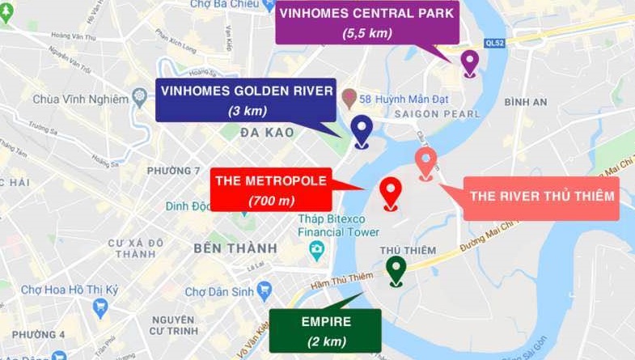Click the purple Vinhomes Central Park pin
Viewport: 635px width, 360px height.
pos(469,61)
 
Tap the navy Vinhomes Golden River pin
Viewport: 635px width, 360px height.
pos(361,129)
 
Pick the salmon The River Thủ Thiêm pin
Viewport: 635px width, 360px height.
pos(425,162)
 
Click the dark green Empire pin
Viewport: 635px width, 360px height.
pos(396,269)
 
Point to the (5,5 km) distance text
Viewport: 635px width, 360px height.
pos(367,32)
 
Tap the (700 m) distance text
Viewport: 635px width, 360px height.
pos(271,200)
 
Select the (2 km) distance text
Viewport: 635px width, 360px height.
pos(326,341)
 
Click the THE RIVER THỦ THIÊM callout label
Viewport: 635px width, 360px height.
pos(542,196)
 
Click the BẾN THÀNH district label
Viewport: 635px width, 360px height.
pos(235,248)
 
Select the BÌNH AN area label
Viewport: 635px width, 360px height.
pos(525,102)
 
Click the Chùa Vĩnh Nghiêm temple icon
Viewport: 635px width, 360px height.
pos(139,99)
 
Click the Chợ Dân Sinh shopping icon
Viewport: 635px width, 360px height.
pos(264,290)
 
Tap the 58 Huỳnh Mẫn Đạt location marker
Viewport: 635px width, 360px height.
pos(349,98)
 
